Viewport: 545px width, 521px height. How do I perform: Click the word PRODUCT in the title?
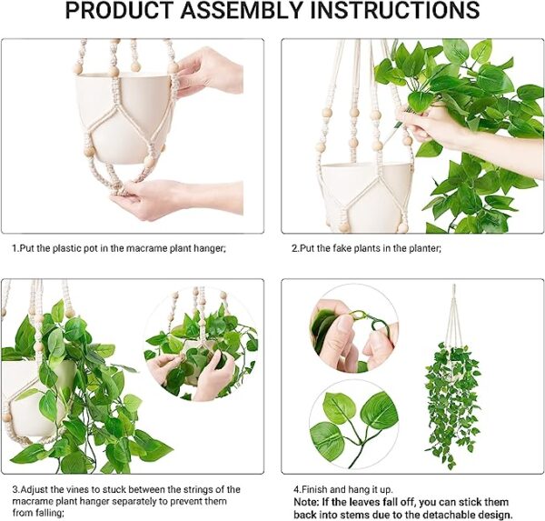point(119,10)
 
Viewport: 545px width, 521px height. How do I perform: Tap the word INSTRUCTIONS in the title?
point(395,10)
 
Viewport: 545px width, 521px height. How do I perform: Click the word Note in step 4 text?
point(306,502)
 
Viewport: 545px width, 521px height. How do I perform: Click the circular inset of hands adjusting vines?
point(201,344)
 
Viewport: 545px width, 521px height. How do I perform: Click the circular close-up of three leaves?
point(354,425)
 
